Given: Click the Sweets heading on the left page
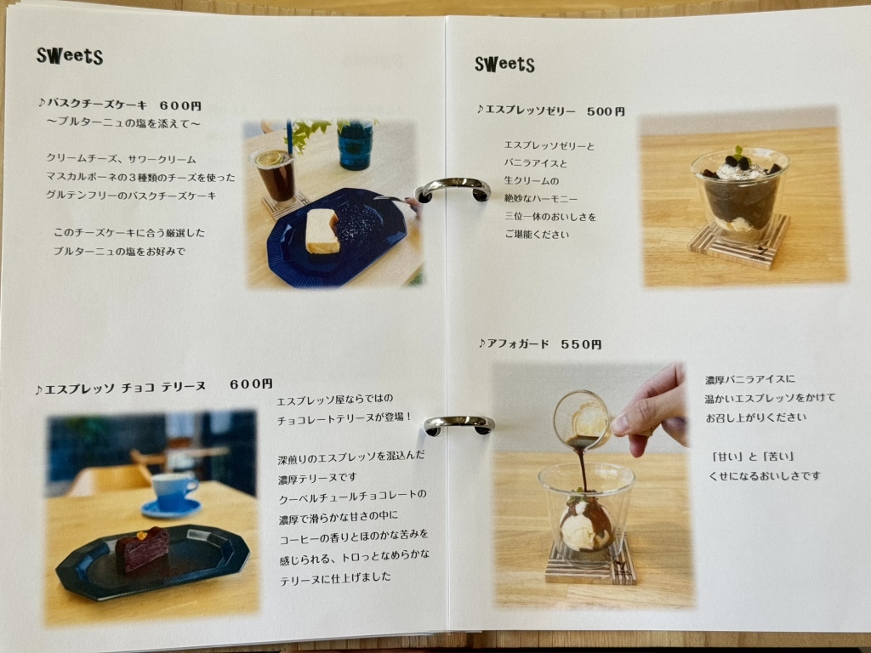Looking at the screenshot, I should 70,56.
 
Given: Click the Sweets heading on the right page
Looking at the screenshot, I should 504,64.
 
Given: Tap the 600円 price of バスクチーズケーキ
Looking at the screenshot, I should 179,106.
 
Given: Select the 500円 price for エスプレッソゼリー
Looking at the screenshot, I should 606,111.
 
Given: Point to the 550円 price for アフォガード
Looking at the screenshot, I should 581,344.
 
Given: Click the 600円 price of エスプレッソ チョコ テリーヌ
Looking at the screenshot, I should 251,384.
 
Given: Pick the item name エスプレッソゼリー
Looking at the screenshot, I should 531,111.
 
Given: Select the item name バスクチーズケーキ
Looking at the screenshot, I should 98,106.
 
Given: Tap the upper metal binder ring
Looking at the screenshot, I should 453,188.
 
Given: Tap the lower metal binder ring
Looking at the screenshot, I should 459,423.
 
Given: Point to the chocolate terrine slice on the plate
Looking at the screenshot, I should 143,548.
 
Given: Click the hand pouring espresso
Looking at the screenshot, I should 653,408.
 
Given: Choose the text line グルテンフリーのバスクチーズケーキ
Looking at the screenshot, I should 131,196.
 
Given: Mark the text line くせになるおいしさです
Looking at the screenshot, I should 765,476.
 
